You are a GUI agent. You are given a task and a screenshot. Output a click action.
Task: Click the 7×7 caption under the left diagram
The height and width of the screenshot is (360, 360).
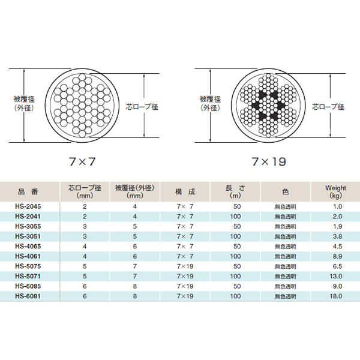point(82,161)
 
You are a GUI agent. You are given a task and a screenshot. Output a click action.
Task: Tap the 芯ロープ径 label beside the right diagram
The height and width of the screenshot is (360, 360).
point(328,107)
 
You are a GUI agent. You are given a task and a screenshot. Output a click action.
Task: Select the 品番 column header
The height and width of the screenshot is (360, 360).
point(28,191)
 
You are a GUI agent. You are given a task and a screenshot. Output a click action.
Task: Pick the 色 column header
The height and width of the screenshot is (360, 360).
point(285,191)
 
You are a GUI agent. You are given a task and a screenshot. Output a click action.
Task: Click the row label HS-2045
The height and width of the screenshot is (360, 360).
point(28,206)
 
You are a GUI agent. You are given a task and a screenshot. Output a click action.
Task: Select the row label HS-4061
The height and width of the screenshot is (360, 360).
point(28,256)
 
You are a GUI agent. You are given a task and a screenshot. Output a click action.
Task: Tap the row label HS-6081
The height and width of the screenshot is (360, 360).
point(28,296)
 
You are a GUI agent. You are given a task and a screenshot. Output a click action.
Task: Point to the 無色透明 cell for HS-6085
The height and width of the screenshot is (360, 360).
point(285,286)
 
